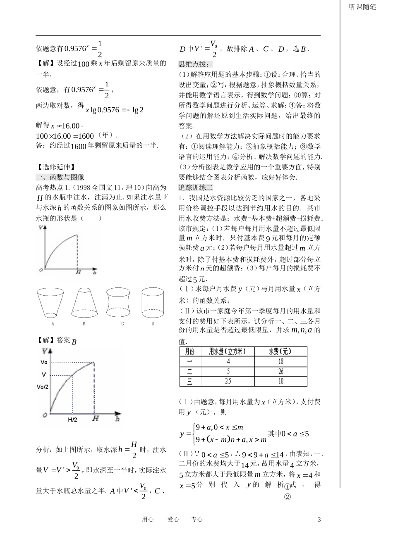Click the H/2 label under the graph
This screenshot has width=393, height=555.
[x=72, y=420]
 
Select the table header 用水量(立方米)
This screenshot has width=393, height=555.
[x=227, y=351]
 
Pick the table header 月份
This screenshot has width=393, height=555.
[x=190, y=351]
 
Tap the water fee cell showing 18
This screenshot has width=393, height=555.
[x=280, y=361]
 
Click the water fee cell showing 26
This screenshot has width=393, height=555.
[x=280, y=371]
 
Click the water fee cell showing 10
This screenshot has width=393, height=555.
[x=280, y=381]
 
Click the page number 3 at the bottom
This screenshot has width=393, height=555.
[x=319, y=519]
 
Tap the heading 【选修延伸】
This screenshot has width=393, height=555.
[x=56, y=167]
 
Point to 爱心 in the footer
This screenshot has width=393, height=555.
[x=173, y=519]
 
